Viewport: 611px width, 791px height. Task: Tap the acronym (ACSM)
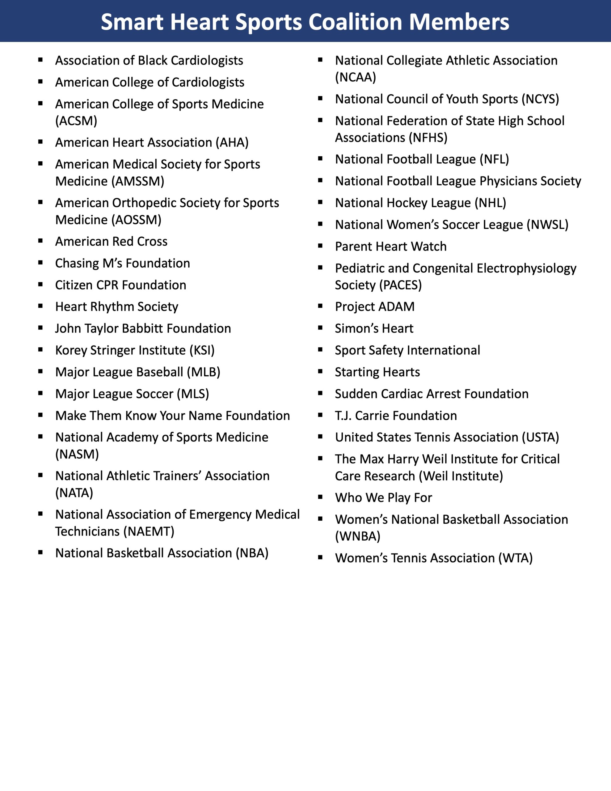[x=76, y=121]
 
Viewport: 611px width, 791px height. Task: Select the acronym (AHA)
[x=232, y=142]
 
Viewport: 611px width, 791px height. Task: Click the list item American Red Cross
[x=111, y=241]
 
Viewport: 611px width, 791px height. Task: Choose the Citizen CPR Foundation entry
[x=120, y=285]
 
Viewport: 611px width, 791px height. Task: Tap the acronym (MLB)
[x=204, y=372]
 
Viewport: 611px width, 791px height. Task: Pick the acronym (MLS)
[x=193, y=394]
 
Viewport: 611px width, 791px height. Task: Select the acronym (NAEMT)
[x=149, y=531]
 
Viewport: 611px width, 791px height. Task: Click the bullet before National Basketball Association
[x=40, y=552]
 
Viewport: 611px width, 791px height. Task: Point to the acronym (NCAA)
[x=355, y=77]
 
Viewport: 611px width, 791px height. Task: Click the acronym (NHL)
[x=491, y=203]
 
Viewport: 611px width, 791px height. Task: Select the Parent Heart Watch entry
[x=390, y=246]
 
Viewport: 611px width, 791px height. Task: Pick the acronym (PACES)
[x=400, y=285]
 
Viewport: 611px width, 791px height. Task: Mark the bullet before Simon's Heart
[x=320, y=328]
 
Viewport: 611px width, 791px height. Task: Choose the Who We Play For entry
[x=383, y=498]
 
